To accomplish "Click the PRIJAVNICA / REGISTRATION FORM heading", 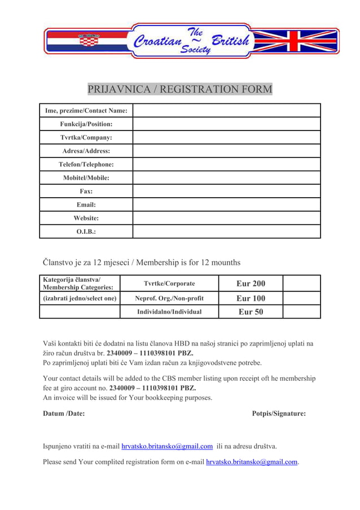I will point(180,89).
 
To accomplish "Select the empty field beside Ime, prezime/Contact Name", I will point(226,110).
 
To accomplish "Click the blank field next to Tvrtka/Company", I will point(226,137).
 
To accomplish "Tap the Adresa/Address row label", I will point(86,151).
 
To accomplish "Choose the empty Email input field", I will point(226,204).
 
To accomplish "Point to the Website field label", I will point(86,218).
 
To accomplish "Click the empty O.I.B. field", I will point(226,232).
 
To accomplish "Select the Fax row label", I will point(86,191).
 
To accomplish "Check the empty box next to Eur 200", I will point(301,283).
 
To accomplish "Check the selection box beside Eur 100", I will point(301,298).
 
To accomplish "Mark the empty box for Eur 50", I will point(301,312).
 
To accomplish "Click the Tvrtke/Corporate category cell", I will point(169,284).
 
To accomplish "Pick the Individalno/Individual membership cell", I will point(169,312).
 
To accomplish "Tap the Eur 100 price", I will point(251,298).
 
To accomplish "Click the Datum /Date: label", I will point(64,413).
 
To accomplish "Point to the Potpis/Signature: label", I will point(279,413).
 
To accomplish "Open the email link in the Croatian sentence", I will point(167,446).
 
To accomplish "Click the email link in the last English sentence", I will point(252,462).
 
